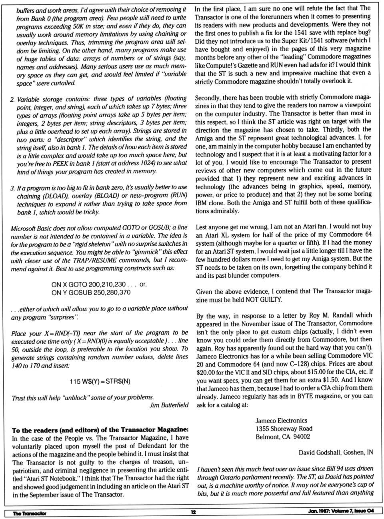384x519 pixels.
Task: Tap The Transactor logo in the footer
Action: tap(30, 513)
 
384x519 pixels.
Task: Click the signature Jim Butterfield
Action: tap(169, 405)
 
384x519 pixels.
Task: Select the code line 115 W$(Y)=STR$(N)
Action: tap(100, 381)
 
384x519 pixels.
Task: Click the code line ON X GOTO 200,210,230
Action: tap(88, 284)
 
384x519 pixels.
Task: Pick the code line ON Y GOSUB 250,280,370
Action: tap(91, 292)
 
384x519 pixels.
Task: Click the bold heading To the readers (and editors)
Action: tap(100, 430)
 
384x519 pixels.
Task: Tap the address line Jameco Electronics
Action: tap(281, 421)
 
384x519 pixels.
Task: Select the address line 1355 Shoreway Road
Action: tap(284, 429)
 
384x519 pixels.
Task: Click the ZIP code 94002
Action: tap(302, 437)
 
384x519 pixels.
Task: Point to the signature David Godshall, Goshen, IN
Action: tap(336, 453)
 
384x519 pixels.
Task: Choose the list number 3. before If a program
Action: tap(13, 188)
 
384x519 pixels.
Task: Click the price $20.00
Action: tap(207, 372)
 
